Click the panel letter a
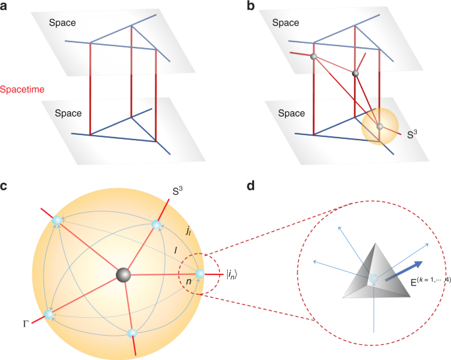6,8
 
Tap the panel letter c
5,186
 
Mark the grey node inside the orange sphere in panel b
379,126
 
